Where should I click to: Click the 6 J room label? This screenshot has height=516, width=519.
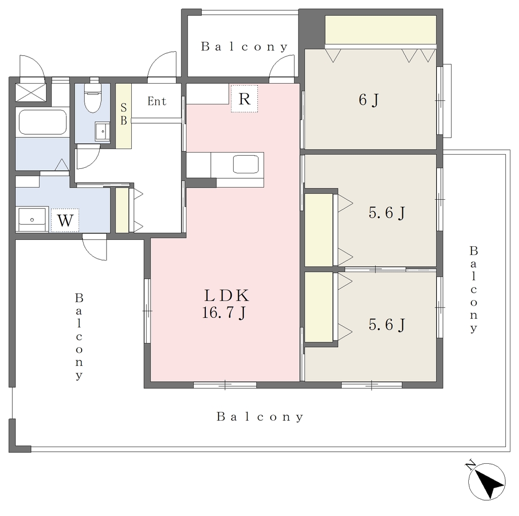coord(369,100)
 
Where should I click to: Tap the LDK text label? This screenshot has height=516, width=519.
coord(227,296)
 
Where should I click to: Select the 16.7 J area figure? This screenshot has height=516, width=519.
coord(225,312)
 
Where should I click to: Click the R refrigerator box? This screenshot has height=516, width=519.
coord(244,99)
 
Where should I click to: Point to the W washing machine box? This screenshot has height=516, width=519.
coord(65,220)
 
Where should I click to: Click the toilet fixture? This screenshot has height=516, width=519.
coord(93,97)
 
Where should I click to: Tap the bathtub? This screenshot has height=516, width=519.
coord(43,122)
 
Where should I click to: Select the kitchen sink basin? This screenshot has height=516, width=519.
coord(246,164)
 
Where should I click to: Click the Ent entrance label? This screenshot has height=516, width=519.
coord(157,101)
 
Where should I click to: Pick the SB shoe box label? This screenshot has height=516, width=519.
coord(124,114)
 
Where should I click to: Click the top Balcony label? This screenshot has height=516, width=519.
coord(244,47)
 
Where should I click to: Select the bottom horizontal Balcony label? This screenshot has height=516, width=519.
coord(260,417)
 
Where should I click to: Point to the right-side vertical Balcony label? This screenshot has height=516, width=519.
coord(474,289)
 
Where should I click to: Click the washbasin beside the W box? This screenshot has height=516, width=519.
coord(32,220)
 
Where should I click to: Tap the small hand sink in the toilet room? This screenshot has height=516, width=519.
coord(103,131)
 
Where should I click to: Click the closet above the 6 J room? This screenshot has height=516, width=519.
coord(381,29)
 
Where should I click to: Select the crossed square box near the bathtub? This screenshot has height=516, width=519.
coord(31,92)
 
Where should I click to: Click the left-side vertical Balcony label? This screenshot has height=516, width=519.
coord(79,337)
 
